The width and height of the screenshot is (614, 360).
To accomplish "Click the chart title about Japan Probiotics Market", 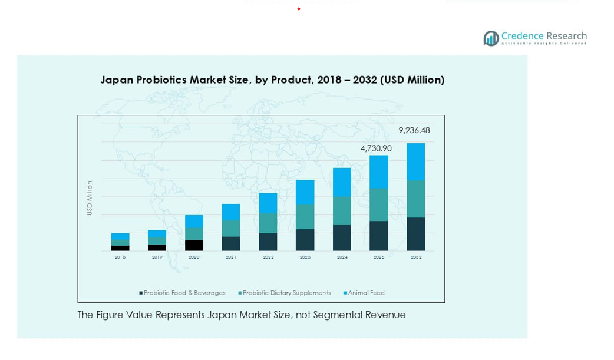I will pos(272,80).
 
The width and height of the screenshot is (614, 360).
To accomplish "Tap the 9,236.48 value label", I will pos(414,131).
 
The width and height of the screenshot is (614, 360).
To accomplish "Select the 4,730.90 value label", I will pos(376,148).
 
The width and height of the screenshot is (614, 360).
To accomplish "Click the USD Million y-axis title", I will pos(90,198).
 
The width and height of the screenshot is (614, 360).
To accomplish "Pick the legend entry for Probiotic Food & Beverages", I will pos(182,293).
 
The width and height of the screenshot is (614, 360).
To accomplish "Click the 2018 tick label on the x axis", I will pos(120,257).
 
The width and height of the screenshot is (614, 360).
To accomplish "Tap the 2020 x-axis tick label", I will pos(194,257).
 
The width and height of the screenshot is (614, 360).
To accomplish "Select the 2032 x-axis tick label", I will pos(416,257).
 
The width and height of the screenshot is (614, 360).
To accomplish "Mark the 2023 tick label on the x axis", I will pos(305,257).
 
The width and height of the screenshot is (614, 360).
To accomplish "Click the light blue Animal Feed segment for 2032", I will pos(416,161).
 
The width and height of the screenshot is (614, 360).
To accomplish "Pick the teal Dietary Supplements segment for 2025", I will pos(379,204).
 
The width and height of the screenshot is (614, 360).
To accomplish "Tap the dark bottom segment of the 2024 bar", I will pos(342,238).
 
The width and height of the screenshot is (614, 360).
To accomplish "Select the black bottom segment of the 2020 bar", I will pos(194,245).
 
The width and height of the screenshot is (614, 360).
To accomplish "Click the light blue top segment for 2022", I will pos(268,203).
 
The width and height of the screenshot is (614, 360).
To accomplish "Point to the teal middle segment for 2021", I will pos(231,228).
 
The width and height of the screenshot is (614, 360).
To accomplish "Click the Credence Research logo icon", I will pos(491,38).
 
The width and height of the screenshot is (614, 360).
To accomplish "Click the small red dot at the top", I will pos(299,9).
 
